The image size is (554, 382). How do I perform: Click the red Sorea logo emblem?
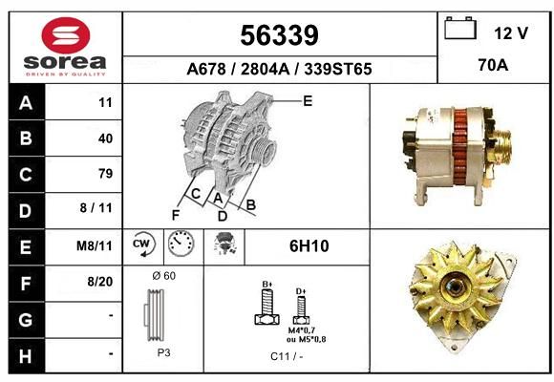tap(66, 35)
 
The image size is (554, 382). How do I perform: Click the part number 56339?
tap(280, 35)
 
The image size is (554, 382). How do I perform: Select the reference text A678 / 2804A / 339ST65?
tap(279, 69)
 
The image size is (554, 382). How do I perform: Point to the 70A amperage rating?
tap(493, 65)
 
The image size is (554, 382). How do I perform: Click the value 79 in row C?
tap(106, 174)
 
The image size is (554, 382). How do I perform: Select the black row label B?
tap(26, 138)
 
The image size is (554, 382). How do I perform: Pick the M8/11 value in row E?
tap(95, 245)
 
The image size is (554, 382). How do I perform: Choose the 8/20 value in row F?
tap(100, 282)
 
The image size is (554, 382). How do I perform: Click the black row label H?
tap(26, 356)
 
